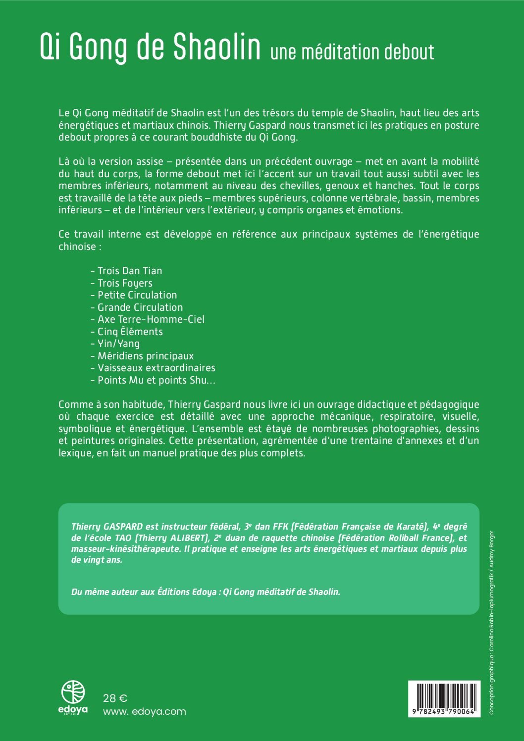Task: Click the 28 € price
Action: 115,698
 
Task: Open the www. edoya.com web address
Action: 144,711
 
